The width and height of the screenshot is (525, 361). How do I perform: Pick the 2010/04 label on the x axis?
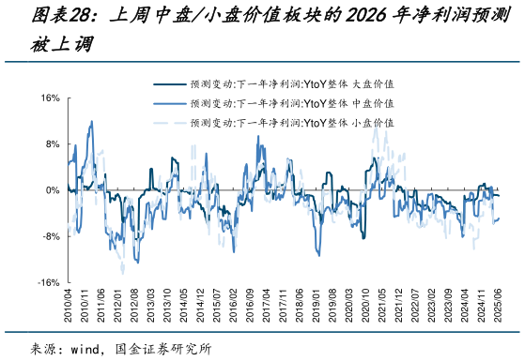pos(69,306)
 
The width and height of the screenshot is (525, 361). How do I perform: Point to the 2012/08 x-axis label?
pos(134,306)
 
